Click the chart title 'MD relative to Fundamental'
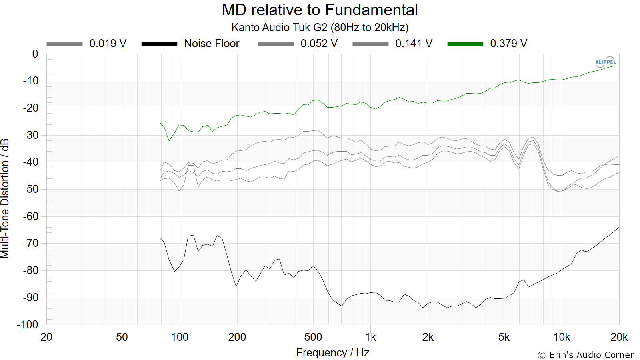point(320,10)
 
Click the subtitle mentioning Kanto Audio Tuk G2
point(320,28)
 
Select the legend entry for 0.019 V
point(86,44)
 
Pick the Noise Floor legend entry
point(190,44)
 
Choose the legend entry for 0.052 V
point(298,44)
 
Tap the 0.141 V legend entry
point(392,44)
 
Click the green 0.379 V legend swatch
point(465,44)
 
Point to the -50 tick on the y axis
point(30,189)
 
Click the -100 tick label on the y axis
point(28,324)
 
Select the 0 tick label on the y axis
point(35,54)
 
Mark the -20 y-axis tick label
point(30,108)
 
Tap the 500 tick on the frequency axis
point(313,337)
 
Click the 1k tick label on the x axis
point(370,337)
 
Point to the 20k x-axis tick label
point(619,337)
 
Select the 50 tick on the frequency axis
point(122,337)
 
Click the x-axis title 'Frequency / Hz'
point(333,353)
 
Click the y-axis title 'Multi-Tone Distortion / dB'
point(5,198)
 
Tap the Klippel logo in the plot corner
point(605,62)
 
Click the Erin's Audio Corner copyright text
point(586,355)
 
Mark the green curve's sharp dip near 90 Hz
point(169,140)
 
